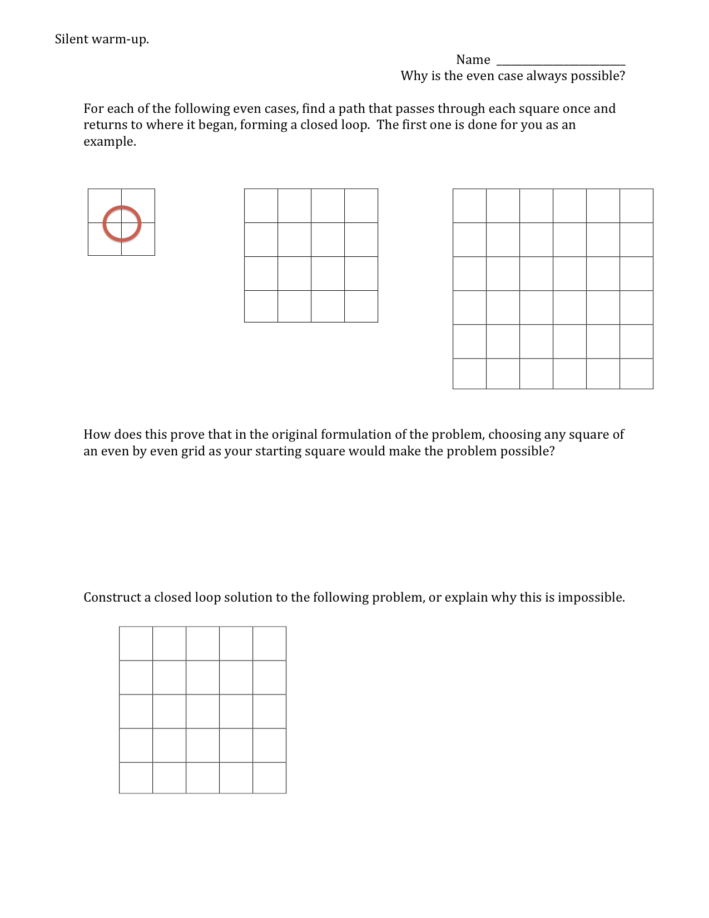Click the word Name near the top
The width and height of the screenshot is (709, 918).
pos(473,60)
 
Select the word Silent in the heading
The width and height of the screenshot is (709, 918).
pos(72,39)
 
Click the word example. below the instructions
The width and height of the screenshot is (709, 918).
pos(110,141)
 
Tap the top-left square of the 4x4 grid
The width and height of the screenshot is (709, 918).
pos(261,206)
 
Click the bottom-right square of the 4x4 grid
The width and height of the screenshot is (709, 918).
pos(361,306)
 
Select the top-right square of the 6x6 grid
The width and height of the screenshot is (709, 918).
pos(636,206)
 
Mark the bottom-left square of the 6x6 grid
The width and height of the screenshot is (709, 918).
pos(469,374)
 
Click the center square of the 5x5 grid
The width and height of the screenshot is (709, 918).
pos(202,711)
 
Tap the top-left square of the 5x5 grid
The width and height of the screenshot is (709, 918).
pos(136,644)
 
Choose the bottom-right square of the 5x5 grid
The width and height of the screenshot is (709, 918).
pos(269,778)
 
